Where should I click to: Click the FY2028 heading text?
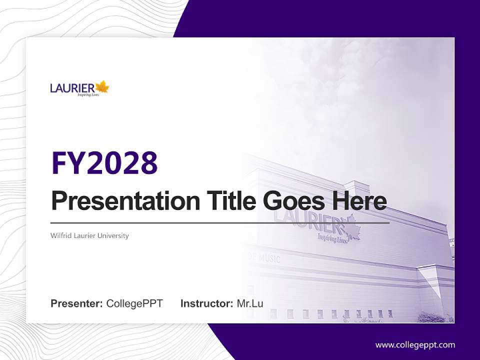[104, 162]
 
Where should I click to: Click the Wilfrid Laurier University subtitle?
[89, 235]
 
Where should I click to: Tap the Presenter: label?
[77, 303]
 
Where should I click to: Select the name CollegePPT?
[134, 303]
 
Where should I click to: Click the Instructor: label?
[206, 303]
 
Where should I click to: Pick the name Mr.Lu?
[250, 303]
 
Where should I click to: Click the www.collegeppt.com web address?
[415, 344]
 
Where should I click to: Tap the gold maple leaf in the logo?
[102, 87]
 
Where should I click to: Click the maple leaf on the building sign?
[351, 227]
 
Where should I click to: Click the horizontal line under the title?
[220, 222]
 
